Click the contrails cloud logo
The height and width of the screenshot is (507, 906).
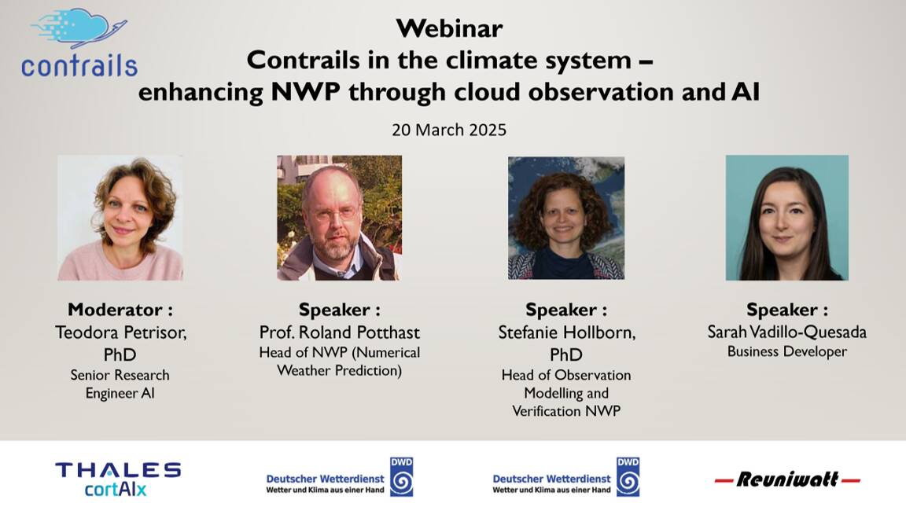pos(79,42)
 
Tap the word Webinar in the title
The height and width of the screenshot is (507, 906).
pos(449,28)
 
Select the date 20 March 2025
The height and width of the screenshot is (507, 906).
pos(449,130)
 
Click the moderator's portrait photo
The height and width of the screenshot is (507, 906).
pos(120,218)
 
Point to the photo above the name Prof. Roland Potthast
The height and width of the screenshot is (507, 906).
pos(339,218)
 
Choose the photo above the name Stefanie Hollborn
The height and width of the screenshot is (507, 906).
pos(566,218)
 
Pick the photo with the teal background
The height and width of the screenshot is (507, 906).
pos(787,218)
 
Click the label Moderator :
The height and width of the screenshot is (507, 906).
pos(120,310)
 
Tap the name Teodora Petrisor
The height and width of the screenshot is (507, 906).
pos(120,332)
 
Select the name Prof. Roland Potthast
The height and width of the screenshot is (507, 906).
pos(339,332)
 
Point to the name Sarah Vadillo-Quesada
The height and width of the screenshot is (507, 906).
pos(787,332)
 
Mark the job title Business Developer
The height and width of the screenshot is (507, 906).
pos(787,351)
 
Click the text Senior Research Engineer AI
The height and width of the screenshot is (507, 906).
pos(120,384)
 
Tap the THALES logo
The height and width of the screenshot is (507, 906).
pos(118,469)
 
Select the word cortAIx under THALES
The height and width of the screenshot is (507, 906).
pos(116,490)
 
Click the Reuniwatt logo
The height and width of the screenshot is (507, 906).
pos(787,479)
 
